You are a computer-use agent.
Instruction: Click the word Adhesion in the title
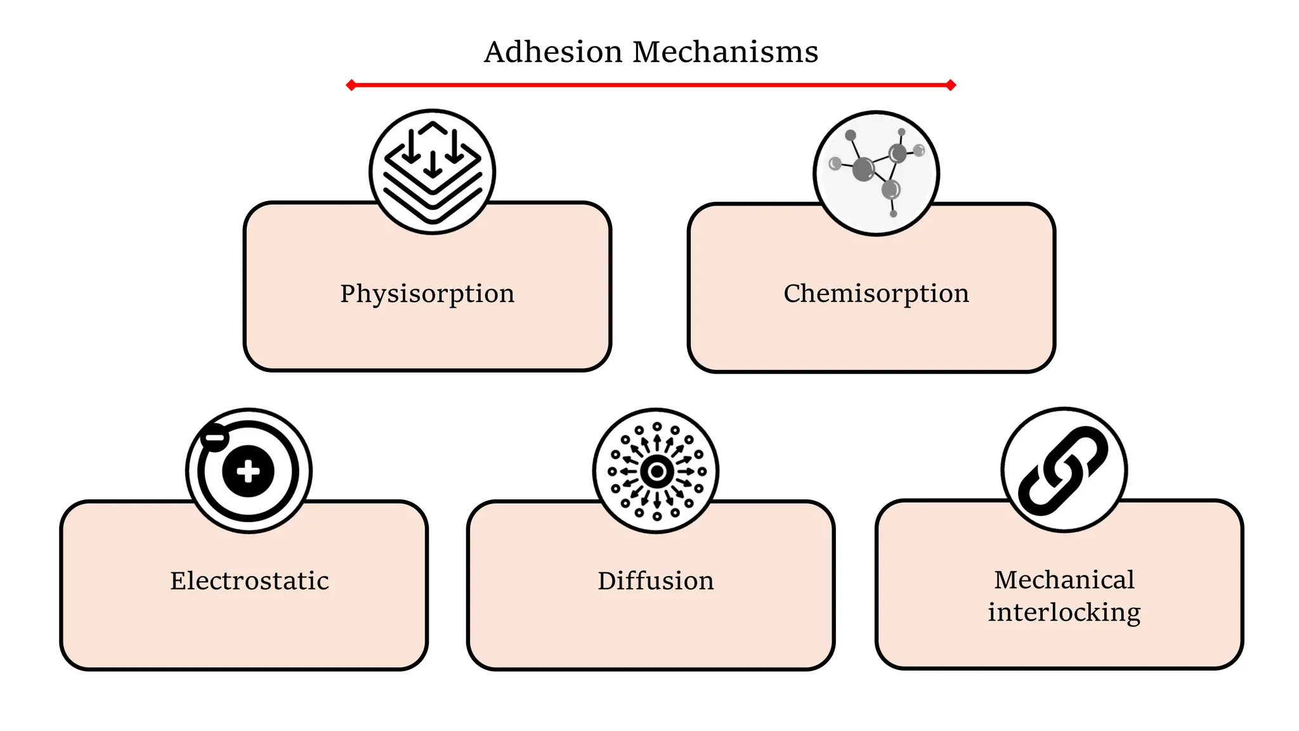(553, 52)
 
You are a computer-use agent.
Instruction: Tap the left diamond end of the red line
(351, 85)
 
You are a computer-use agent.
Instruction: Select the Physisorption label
(427, 294)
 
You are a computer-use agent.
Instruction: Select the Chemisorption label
(876, 294)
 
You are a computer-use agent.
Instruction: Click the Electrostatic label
(249, 581)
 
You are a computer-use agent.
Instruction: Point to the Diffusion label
(655, 581)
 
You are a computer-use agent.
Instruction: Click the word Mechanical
(1064, 579)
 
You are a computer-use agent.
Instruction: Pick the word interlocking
(1064, 612)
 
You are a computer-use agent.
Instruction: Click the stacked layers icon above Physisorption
(432, 172)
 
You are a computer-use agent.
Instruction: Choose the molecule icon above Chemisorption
(876, 173)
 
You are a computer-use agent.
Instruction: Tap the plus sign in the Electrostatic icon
(248, 471)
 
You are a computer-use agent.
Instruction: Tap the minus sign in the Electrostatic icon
(214, 437)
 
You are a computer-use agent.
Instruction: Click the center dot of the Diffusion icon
(656, 471)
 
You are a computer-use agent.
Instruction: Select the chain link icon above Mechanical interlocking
(1064, 470)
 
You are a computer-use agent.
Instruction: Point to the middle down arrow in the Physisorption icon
(433, 164)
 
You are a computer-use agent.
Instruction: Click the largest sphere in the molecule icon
(863, 169)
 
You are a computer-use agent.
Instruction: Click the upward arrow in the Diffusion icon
(657, 442)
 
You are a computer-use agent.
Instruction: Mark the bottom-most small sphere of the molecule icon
(893, 214)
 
